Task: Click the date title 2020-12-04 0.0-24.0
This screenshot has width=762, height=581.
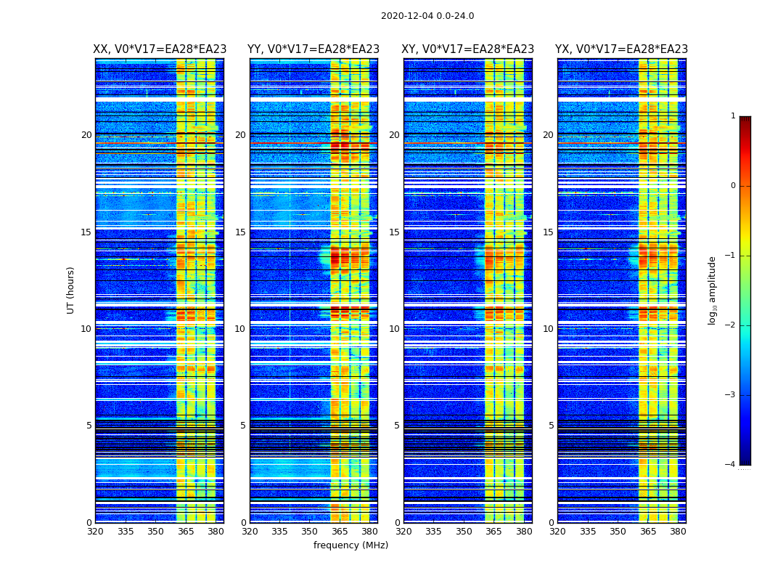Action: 427,16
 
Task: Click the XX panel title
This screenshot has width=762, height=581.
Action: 160,49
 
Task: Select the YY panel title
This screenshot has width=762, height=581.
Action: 314,49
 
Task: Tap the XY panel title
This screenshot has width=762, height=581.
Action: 468,49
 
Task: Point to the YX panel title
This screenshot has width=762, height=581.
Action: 622,49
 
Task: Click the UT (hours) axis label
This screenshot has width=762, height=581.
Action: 71,290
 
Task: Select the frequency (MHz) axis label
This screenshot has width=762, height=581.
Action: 351,545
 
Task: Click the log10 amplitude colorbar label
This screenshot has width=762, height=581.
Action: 713,290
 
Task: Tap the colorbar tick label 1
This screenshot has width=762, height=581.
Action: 733,116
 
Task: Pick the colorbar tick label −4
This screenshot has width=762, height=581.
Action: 731,465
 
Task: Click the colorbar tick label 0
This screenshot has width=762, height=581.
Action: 733,186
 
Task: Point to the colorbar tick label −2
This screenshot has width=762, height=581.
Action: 731,325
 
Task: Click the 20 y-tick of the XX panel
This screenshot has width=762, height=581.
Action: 86,135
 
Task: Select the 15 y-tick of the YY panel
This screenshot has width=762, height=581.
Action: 240,232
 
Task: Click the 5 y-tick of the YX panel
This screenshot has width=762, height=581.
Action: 551,426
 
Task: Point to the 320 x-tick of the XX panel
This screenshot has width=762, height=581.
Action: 95,532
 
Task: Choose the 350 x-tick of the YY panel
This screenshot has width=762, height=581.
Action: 310,532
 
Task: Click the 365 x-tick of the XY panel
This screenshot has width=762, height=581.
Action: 493,532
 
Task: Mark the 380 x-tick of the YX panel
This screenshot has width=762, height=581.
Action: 678,532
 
